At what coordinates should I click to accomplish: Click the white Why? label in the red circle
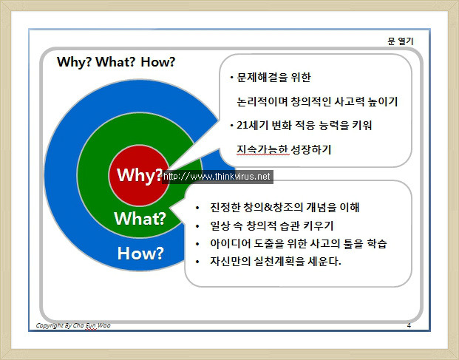140,175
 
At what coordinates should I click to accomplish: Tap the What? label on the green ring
140,218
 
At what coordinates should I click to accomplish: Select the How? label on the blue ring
140,253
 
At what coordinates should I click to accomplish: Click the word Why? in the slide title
75,62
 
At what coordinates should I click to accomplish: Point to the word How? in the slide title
158,62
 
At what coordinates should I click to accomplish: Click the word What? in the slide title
115,62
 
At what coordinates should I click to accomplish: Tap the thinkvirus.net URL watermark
217,177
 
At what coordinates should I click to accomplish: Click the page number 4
409,325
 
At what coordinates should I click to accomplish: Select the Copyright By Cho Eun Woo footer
73,325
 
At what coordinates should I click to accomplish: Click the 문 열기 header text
401,41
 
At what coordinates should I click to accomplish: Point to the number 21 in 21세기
242,125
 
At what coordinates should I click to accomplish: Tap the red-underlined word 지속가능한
262,149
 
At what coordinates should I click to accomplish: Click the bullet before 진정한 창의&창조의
197,208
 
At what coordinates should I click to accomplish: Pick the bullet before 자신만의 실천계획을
197,262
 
